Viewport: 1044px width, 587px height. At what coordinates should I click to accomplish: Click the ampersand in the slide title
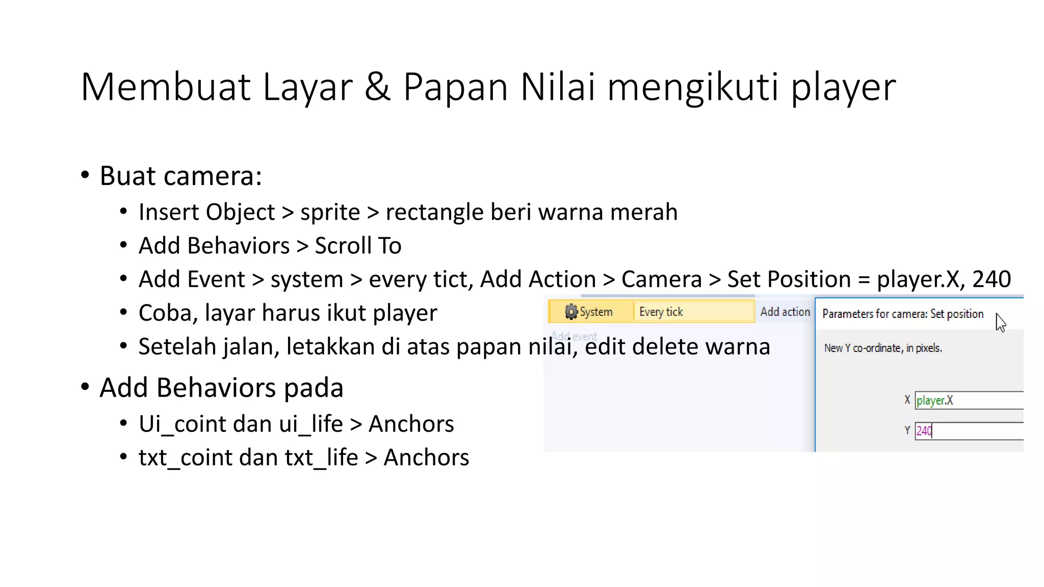(x=377, y=87)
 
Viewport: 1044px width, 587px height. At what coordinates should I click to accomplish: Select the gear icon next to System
(x=571, y=311)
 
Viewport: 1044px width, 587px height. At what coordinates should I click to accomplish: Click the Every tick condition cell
(x=692, y=312)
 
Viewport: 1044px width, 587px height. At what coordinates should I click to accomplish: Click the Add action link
(x=785, y=312)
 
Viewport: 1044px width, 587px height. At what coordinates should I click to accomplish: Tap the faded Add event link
(x=574, y=336)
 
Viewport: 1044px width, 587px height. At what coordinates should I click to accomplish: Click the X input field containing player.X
(x=969, y=401)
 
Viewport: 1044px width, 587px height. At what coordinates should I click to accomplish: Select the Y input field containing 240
(x=969, y=431)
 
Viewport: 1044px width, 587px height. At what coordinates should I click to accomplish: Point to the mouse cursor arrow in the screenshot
(x=1000, y=322)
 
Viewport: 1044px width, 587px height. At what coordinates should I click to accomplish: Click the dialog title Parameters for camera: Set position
(x=903, y=314)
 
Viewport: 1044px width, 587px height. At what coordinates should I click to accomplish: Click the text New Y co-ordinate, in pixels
(x=883, y=348)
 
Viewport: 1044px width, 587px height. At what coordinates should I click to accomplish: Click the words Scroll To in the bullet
(x=358, y=246)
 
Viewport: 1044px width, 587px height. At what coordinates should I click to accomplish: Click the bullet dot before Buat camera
(x=85, y=175)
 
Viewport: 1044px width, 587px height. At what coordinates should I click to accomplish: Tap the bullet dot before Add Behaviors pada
(x=85, y=387)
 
